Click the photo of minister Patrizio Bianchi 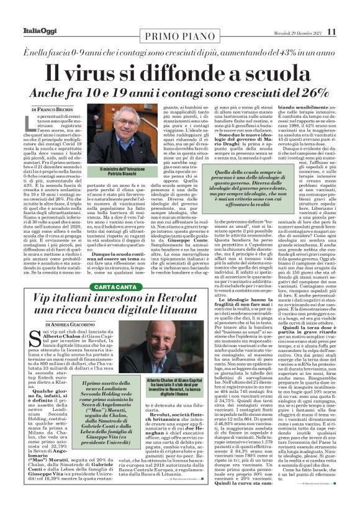pyautogui.click(x=127, y=135)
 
